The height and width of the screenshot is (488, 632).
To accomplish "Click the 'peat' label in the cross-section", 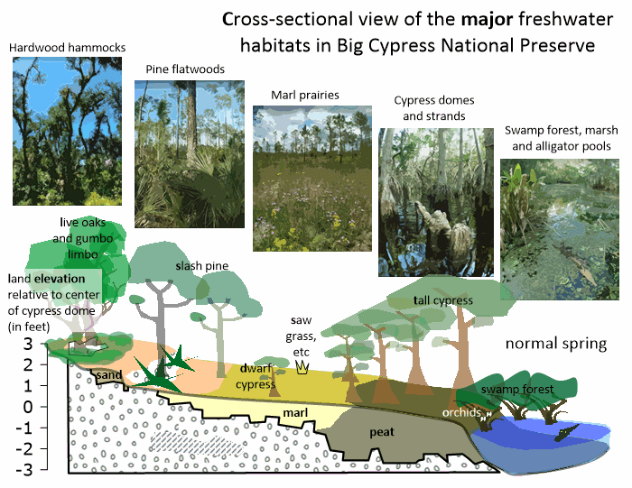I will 383,432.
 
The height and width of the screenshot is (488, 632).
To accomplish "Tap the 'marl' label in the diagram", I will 296,414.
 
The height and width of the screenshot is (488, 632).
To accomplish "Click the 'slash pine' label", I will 202,266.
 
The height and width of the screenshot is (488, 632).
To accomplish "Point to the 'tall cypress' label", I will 443,299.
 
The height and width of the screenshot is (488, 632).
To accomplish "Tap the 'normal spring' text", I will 555,344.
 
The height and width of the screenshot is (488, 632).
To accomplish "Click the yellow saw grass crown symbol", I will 302,366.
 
